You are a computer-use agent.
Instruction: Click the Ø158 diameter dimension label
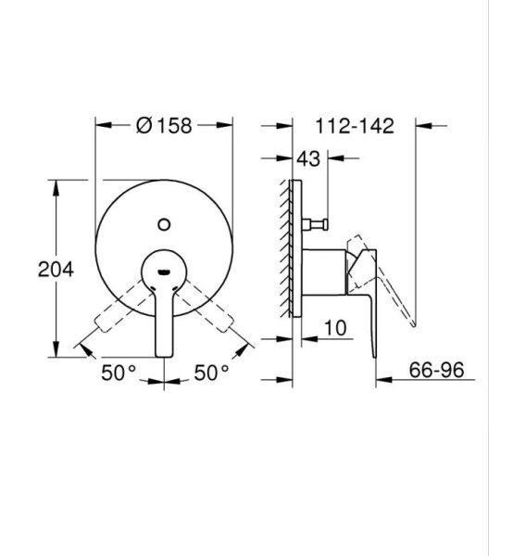pyautogui.click(x=164, y=125)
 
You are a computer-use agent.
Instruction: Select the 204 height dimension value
pyautogui.click(x=56, y=270)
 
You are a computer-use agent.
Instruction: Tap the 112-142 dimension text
pyautogui.click(x=355, y=126)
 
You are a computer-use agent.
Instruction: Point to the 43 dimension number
pyautogui.click(x=308, y=158)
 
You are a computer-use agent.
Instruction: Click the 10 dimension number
pyautogui.click(x=335, y=328)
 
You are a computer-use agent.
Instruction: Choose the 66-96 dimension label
pyautogui.click(x=436, y=370)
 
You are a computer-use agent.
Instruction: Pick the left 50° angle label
pyautogui.click(x=119, y=373)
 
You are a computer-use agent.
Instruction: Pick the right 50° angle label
pyautogui.click(x=211, y=373)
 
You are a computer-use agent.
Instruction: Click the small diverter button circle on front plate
pyautogui.click(x=164, y=224)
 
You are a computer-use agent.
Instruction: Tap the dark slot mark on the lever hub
pyautogui.click(x=164, y=272)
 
